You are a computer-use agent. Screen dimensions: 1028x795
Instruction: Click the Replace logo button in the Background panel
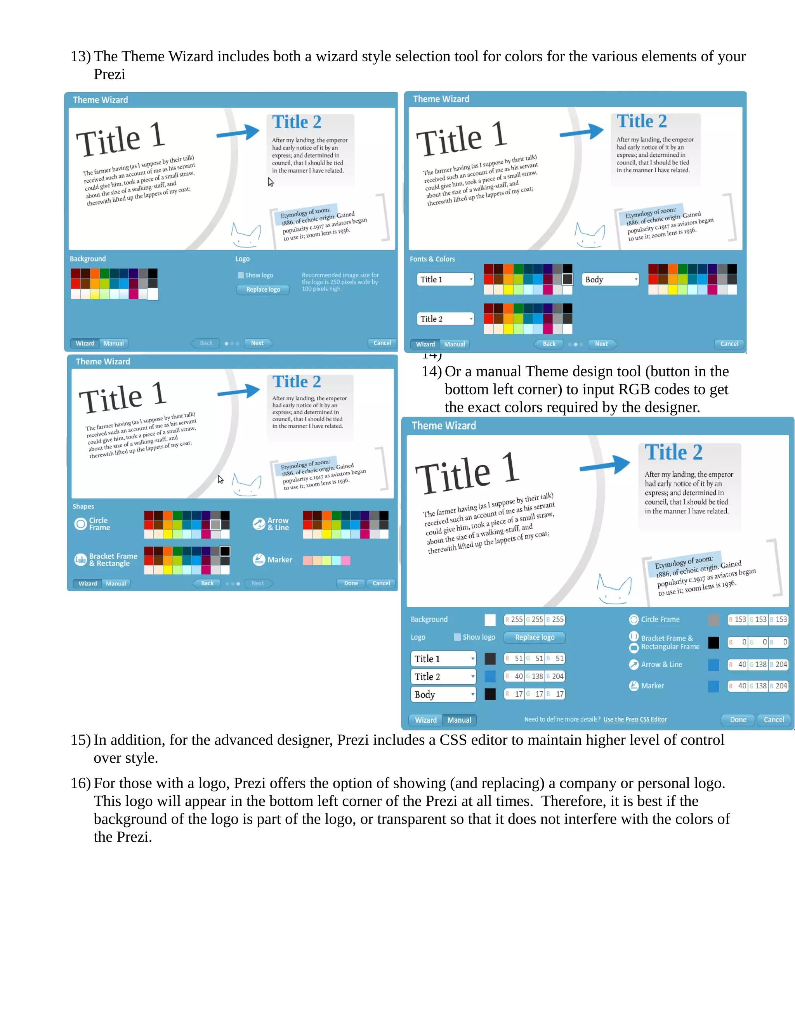[263, 289]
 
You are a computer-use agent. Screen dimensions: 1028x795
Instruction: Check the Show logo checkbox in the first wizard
[241, 275]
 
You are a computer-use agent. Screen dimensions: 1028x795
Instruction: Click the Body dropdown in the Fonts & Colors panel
[611, 280]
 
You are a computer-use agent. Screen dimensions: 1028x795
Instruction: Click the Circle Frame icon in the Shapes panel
[80, 524]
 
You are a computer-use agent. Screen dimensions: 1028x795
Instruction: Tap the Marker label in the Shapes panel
[280, 560]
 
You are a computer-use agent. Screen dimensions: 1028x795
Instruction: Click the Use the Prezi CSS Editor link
[634, 719]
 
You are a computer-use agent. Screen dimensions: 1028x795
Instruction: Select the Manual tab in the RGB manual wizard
[459, 720]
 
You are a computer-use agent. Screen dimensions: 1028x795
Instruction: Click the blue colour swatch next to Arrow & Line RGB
[713, 665]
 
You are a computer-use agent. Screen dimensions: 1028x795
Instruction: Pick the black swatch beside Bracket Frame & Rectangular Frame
[713, 642]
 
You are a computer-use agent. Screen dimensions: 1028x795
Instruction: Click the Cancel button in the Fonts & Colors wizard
[729, 344]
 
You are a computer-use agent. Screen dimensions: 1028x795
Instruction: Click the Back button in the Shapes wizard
[207, 583]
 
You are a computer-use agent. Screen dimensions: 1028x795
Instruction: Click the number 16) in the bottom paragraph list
[80, 783]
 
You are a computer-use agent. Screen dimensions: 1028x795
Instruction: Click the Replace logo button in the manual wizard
[534, 637]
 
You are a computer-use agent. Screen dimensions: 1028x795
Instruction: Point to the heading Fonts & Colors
[432, 259]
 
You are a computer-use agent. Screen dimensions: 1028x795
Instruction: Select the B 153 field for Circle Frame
[779, 620]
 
